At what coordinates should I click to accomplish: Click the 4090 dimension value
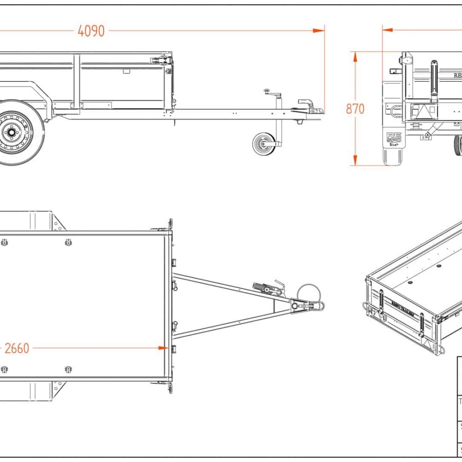91,31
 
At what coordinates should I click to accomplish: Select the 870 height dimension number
355,109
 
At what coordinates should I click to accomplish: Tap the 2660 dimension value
17,348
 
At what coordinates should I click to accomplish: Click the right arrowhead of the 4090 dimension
319,30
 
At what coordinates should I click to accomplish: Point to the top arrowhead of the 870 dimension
355,55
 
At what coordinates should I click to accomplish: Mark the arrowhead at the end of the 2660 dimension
163,348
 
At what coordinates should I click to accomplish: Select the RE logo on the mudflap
394,138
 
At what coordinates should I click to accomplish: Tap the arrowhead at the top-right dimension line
387,30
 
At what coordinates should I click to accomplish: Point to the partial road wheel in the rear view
458,145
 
